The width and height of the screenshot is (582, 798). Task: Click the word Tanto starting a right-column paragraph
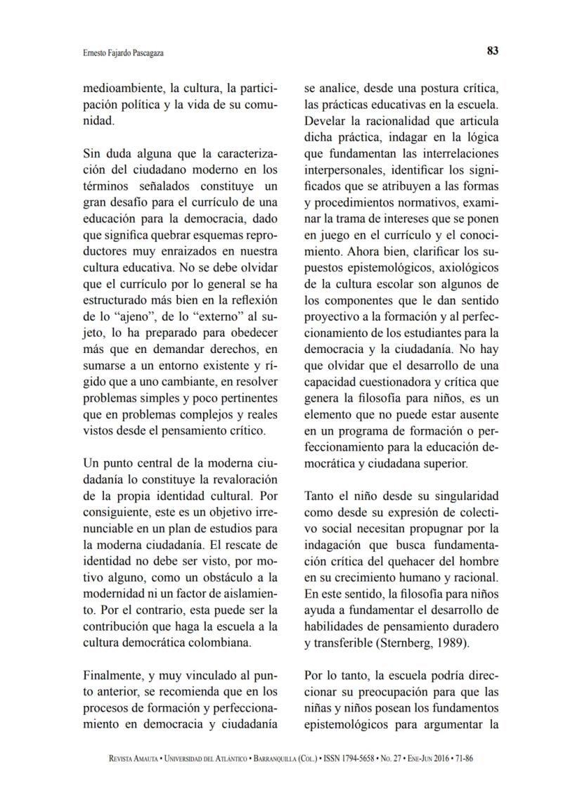319,496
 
